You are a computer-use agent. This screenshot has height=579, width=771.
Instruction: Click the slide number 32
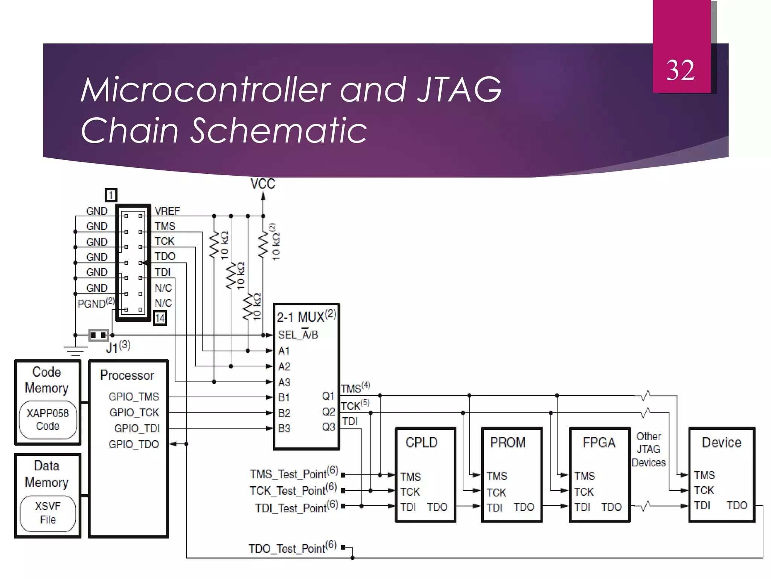pyautogui.click(x=680, y=70)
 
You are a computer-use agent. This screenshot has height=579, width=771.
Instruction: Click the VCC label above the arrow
pyautogui.click(x=263, y=184)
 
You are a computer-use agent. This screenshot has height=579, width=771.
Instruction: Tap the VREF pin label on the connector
pyautogui.click(x=167, y=211)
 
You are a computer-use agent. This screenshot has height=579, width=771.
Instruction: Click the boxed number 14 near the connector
pyautogui.click(x=160, y=318)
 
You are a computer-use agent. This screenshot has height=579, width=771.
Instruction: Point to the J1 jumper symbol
pyautogui.click(x=98, y=335)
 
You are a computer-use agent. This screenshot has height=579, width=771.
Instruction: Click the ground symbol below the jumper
pyautogui.click(x=75, y=351)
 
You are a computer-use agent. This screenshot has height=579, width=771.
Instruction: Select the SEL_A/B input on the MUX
pyautogui.click(x=298, y=335)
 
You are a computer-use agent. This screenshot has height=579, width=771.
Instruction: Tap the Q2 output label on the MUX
pyautogui.click(x=328, y=412)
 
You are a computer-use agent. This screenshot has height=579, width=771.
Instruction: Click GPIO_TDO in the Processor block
pyautogui.click(x=134, y=444)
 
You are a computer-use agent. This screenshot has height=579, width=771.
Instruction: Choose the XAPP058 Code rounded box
pyautogui.click(x=48, y=420)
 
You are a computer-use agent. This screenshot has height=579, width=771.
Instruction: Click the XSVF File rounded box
pyautogui.click(x=48, y=513)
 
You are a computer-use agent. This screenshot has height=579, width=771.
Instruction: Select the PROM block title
pyautogui.click(x=507, y=442)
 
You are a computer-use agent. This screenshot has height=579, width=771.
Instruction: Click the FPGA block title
pyautogui.click(x=599, y=442)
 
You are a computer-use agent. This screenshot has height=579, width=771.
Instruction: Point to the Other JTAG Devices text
pyautogui.click(x=648, y=449)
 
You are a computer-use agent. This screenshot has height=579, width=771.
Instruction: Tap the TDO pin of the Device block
pyautogui.click(x=736, y=505)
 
